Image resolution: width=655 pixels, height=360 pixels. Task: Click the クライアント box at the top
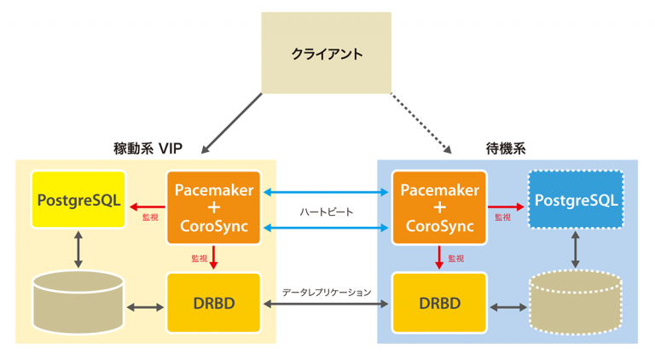327,53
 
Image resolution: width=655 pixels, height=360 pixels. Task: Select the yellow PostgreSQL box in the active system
78,200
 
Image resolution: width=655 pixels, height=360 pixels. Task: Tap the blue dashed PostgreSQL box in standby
576,200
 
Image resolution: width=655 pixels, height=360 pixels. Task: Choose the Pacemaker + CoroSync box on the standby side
439,207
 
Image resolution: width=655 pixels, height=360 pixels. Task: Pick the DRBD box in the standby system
439,304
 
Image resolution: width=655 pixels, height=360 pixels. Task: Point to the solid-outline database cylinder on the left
78,304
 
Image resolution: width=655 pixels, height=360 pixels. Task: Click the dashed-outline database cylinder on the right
576,305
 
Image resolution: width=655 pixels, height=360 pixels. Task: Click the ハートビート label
326,211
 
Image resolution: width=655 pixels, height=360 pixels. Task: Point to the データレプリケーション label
327,292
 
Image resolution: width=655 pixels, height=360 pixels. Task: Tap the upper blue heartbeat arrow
326,193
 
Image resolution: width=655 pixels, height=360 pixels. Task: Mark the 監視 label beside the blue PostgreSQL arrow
502,218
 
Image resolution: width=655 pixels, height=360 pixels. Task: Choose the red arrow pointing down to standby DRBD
439,257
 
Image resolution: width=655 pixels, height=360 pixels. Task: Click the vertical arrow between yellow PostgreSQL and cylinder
78,249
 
